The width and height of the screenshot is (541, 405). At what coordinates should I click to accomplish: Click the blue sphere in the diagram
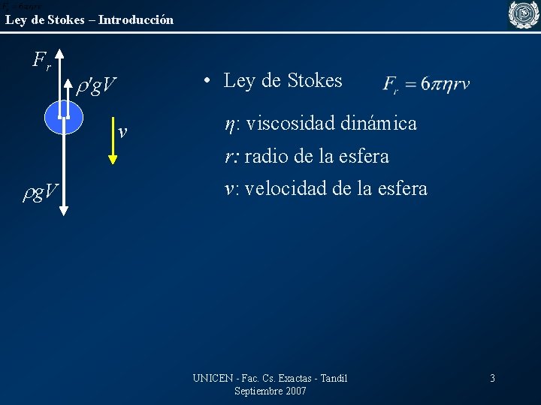pyautogui.click(x=53, y=116)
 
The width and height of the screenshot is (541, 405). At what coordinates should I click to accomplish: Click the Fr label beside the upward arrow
pyautogui.click(x=42, y=60)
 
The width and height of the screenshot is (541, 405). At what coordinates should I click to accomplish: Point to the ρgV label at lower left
pyautogui.click(x=42, y=193)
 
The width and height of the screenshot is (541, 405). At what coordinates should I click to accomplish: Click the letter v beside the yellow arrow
pyautogui.click(x=122, y=132)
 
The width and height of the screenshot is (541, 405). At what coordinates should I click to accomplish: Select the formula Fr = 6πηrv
pyautogui.click(x=426, y=83)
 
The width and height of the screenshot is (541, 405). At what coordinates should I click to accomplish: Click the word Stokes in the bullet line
pyautogui.click(x=312, y=80)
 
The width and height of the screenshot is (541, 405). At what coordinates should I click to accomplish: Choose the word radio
pyautogui.click(x=265, y=156)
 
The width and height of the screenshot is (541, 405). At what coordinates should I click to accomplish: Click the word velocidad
pyautogui.click(x=286, y=188)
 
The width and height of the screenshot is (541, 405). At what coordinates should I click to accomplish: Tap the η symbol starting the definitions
pyautogui.click(x=229, y=124)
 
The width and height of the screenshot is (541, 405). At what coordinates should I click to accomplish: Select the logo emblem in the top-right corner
pyautogui.click(x=524, y=15)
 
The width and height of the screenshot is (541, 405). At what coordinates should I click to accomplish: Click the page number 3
pyautogui.click(x=492, y=378)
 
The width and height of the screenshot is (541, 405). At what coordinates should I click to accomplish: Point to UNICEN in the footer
pyautogui.click(x=213, y=378)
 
